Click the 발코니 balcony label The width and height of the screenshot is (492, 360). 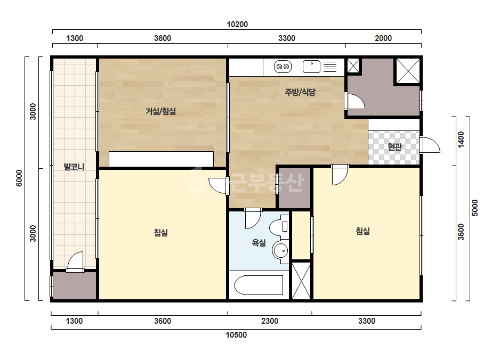pos(74,167)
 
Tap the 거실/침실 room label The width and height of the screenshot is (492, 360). pos(160,111)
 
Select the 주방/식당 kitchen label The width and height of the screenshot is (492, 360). pos(300,92)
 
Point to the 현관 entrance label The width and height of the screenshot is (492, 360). pos(394,146)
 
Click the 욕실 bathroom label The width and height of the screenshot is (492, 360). pos(259,242)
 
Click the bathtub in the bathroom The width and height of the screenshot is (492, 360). pos(259,285)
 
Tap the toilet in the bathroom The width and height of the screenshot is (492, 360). pos(279,227)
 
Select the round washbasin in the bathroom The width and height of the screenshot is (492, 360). pos(280,250)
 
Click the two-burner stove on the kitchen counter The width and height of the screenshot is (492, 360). pos(283,67)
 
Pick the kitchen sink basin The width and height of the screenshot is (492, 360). pos(311,67)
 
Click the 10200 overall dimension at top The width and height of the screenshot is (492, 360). pos(237,24)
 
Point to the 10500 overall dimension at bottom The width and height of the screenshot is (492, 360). pos(236,335)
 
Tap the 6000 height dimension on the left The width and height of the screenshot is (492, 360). pos(19,178)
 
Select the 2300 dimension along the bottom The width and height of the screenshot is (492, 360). pos(270,321)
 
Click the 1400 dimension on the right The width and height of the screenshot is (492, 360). pos(461,140)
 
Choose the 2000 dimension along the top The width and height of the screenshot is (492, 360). pos(383,38)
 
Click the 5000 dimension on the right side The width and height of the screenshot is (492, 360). pos(475,208)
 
